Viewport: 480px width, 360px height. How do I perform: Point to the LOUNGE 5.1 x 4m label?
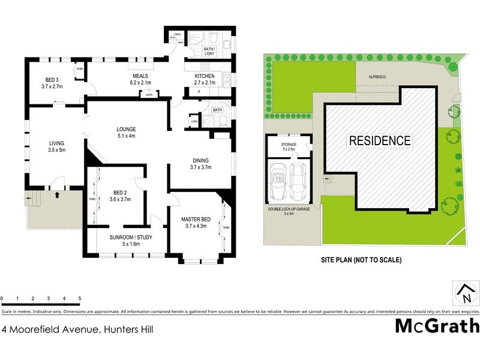(126, 132)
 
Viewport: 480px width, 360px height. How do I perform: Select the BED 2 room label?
(122, 196)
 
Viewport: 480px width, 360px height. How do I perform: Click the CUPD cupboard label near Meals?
(149, 94)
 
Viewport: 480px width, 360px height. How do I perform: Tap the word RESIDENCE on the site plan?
(380, 141)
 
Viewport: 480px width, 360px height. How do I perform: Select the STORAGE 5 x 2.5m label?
(289, 147)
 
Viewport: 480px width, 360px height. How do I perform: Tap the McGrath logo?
(437, 326)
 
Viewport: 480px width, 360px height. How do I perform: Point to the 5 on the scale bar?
(79, 298)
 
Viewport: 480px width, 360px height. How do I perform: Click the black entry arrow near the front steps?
(58, 194)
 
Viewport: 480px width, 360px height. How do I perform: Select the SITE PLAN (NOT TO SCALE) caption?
(361, 260)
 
